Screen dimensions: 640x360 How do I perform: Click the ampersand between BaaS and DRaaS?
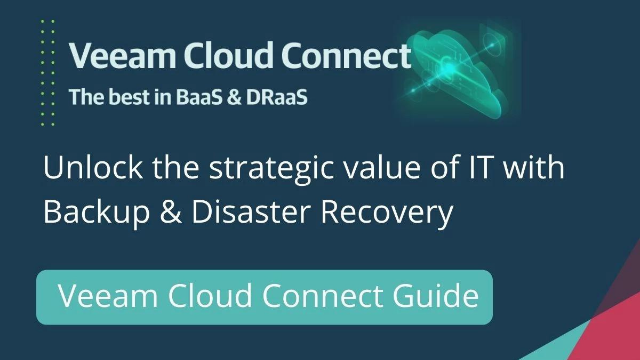click(x=235, y=97)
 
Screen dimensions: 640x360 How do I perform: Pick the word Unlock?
click(x=93, y=167)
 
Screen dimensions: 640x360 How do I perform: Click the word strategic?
click(x=271, y=170)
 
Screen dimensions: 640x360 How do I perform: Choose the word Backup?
click(x=97, y=213)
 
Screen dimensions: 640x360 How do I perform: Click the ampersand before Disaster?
click(x=171, y=212)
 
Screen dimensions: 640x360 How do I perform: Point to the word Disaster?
click(x=251, y=212)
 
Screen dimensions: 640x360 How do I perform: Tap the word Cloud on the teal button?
click(x=210, y=295)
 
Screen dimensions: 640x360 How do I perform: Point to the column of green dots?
click(x=48, y=73)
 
